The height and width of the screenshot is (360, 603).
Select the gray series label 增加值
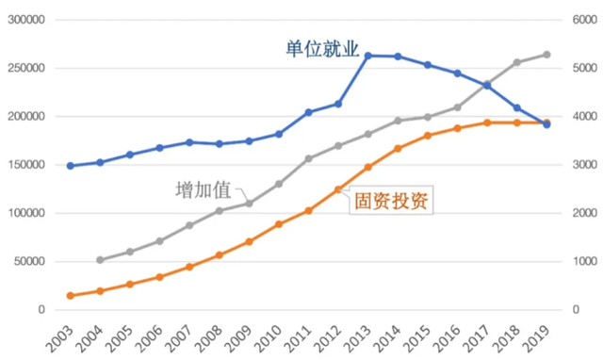point(203,188)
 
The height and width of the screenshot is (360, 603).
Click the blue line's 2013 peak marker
point(367,56)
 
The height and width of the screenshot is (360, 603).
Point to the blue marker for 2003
point(70,166)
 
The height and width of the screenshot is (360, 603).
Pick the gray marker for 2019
point(546,55)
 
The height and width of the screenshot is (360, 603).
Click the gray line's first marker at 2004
point(100,260)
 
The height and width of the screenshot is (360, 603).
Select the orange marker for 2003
point(70,296)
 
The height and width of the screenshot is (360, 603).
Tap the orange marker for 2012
point(337,189)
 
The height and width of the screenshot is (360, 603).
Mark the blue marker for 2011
point(308,112)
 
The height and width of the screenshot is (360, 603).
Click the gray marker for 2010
point(279,184)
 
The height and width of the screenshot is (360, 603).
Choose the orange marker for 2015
point(427,136)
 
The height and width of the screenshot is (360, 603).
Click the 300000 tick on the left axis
point(28,20)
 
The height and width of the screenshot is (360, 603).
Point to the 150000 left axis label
point(28,165)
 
